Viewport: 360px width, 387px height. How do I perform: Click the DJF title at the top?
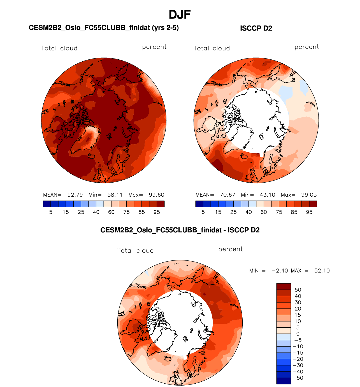click(180, 15)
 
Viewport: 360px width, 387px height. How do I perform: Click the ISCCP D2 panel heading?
click(256, 28)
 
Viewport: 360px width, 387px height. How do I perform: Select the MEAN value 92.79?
click(75, 195)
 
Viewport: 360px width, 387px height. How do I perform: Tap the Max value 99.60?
click(156, 195)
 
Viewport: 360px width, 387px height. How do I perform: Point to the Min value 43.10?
click(267, 195)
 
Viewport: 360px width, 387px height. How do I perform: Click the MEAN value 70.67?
click(227, 195)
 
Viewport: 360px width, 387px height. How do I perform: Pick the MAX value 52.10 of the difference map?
click(322, 271)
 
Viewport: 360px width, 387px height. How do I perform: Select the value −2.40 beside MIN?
click(279, 271)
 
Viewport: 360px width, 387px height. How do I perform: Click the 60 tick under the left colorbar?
click(111, 212)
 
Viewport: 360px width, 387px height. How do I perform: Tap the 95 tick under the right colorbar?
click(309, 212)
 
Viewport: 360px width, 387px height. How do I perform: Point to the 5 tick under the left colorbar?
click(51, 212)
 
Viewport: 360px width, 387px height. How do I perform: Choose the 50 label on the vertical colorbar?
click(298, 290)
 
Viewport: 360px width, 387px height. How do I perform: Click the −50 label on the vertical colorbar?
click(298, 378)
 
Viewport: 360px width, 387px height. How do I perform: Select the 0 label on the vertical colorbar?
click(298, 334)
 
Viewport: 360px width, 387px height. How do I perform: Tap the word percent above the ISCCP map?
click(306, 47)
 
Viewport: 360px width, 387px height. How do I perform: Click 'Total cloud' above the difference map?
click(135, 251)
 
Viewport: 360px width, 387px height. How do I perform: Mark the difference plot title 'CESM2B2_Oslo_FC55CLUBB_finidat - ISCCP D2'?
click(180, 230)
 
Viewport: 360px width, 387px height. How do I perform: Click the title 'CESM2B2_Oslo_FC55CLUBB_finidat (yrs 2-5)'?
click(104, 28)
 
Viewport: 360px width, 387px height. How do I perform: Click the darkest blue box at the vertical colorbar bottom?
click(284, 381)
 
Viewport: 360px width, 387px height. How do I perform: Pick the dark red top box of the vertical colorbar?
click(284, 286)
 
